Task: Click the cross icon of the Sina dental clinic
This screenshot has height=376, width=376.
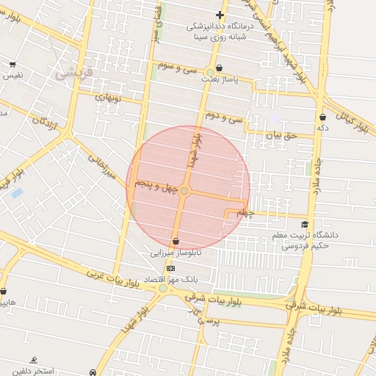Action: tap(220, 15)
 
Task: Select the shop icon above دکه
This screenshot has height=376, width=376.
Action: tap(322, 117)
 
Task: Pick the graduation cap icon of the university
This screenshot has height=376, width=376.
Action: tap(305, 224)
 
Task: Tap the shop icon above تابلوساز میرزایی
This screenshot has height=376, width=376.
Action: tap(176, 241)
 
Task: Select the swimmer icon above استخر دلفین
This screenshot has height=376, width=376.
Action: tap(35, 360)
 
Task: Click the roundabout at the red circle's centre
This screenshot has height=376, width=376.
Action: tap(185, 192)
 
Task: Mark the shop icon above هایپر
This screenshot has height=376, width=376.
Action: tap(3, 292)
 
